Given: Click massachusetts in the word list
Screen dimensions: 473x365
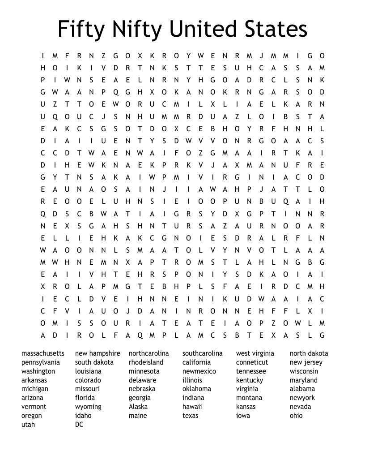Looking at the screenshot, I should (x=43, y=353).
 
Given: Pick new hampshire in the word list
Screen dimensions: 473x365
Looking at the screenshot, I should (x=98, y=353).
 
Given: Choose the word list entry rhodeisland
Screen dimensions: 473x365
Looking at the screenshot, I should (x=146, y=362).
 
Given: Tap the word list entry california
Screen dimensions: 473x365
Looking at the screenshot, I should (x=196, y=362).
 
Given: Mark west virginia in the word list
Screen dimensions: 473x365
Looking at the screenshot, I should (x=255, y=353).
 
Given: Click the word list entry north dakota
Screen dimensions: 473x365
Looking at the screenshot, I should (x=309, y=353).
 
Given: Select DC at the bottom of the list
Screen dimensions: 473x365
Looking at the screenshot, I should (x=79, y=425).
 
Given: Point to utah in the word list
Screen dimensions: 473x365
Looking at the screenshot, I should (x=28, y=425).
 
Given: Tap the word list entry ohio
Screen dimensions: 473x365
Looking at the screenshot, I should (x=296, y=416).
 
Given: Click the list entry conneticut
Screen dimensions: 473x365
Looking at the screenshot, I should (x=252, y=362).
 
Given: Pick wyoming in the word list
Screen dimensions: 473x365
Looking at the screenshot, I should (x=88, y=407).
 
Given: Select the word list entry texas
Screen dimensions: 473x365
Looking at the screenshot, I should (x=190, y=416).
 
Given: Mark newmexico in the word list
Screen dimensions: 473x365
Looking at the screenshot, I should (x=199, y=371).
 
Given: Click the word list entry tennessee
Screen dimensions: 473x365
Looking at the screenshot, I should (x=251, y=371).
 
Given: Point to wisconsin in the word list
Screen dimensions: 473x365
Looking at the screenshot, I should (x=304, y=371).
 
